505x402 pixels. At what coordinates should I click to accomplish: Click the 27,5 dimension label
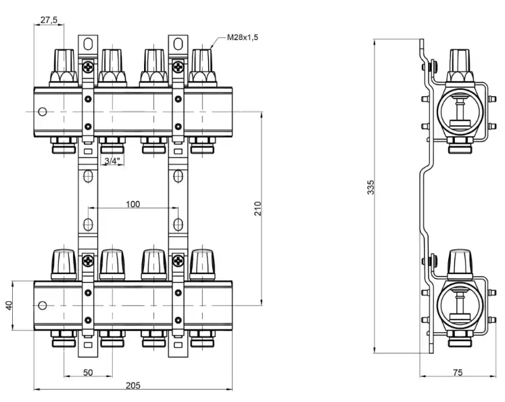[x=49, y=20]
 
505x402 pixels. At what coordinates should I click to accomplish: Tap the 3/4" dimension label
[x=112, y=160]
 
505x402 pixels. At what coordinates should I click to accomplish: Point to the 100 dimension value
[x=133, y=204]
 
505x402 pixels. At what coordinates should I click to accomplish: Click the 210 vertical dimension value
[x=258, y=208]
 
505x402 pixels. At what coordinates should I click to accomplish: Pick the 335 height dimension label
[x=370, y=188]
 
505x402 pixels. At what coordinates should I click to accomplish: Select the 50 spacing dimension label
[x=88, y=373]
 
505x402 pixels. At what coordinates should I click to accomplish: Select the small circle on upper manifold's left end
[x=43, y=111]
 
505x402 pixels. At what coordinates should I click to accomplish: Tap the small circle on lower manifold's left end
[x=43, y=306]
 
